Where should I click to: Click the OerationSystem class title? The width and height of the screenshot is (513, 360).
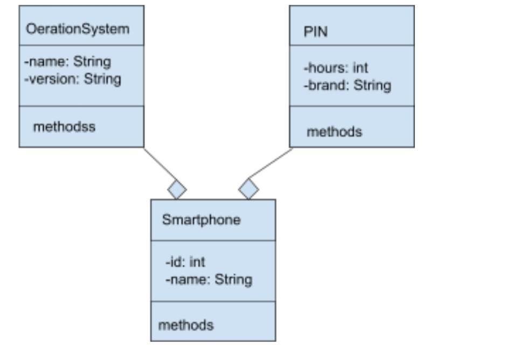(x=78, y=29)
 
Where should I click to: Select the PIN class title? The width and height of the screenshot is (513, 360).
(x=316, y=32)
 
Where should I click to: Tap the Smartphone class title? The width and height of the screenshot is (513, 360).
(x=201, y=220)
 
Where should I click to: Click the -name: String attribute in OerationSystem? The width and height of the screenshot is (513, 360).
(x=67, y=61)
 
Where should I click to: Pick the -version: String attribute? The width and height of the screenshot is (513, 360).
(x=73, y=79)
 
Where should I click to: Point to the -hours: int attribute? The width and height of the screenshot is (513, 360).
(x=336, y=68)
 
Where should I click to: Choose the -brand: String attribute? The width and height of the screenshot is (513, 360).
(x=348, y=85)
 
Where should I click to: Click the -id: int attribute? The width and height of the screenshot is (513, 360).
(x=185, y=262)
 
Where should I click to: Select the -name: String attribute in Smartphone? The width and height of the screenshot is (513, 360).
(x=209, y=279)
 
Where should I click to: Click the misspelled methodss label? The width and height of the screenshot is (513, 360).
(x=64, y=127)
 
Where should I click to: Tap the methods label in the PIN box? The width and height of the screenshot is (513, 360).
(x=334, y=131)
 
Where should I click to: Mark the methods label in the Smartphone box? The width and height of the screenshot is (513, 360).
(x=185, y=325)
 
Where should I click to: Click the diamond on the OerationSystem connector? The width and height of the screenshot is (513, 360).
(x=177, y=189)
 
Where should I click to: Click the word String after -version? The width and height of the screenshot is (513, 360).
(x=102, y=79)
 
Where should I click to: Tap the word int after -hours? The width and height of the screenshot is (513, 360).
(x=360, y=68)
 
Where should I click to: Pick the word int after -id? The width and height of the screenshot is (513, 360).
(x=197, y=262)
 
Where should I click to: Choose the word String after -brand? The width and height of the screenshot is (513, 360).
(x=372, y=85)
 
